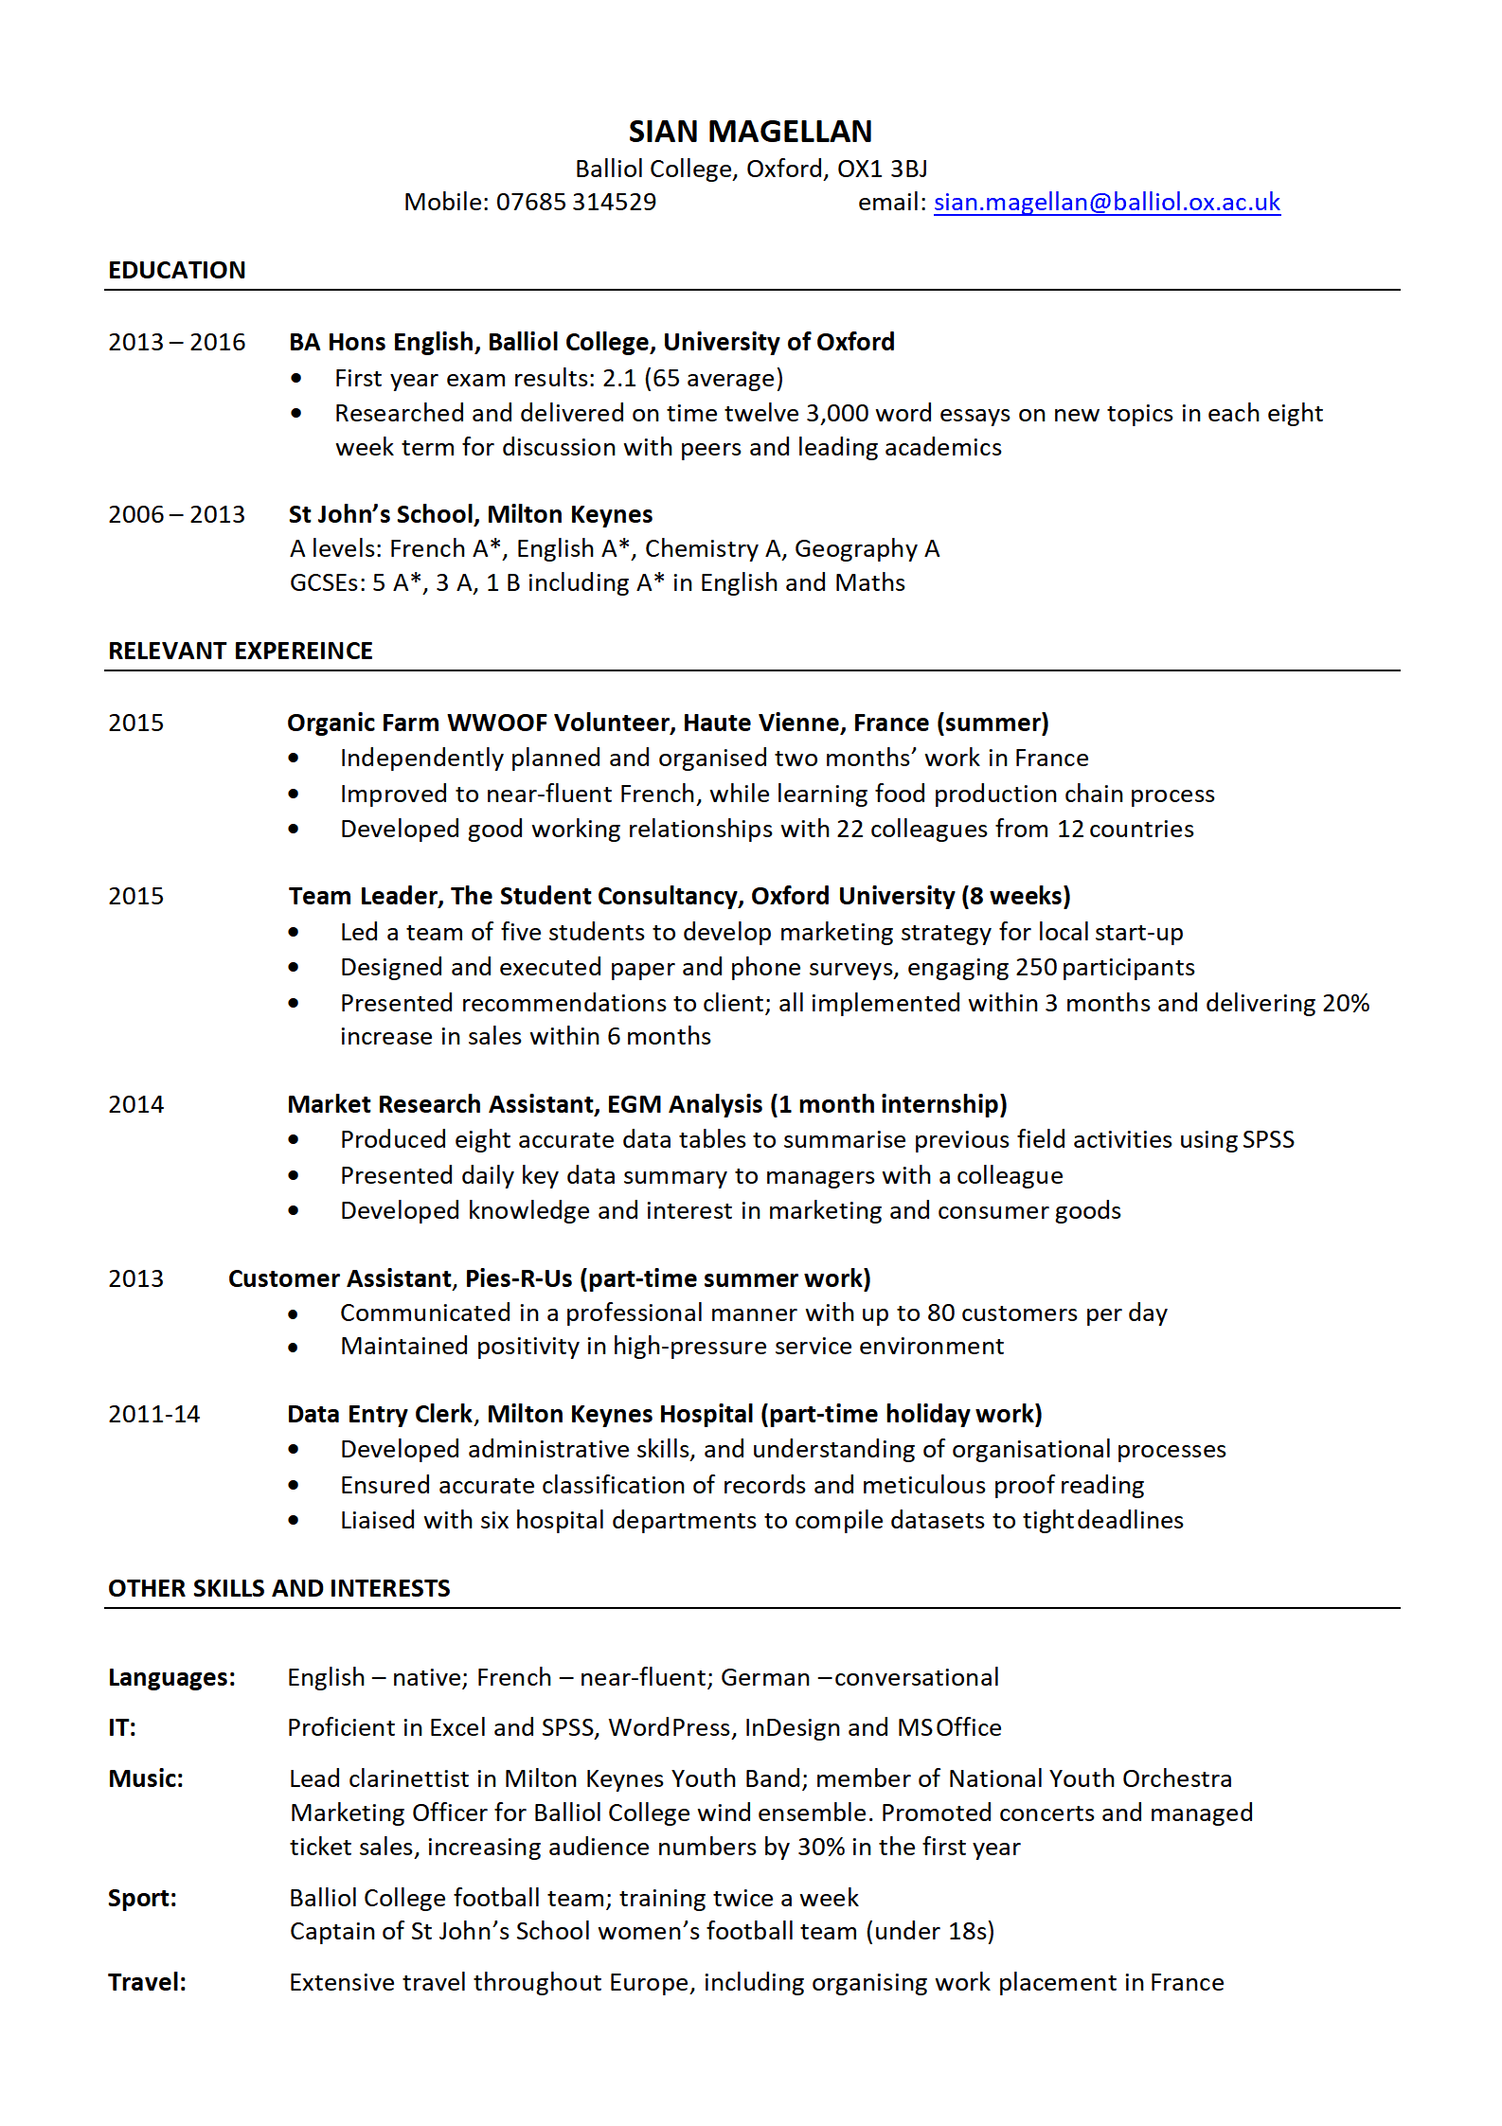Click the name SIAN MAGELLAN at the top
click(750, 132)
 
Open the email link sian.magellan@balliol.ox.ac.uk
click(1106, 203)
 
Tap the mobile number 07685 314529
click(576, 203)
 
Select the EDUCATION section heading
click(177, 271)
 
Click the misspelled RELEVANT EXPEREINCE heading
click(241, 652)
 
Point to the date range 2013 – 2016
click(176, 343)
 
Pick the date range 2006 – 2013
click(176, 515)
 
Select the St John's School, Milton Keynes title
click(471, 515)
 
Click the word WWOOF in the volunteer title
click(496, 724)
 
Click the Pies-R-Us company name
click(519, 1279)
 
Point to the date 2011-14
click(154, 1415)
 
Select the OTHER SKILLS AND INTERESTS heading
click(279, 1589)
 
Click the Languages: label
click(171, 1678)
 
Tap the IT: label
click(122, 1728)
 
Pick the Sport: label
click(142, 1899)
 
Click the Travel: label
click(147, 1983)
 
